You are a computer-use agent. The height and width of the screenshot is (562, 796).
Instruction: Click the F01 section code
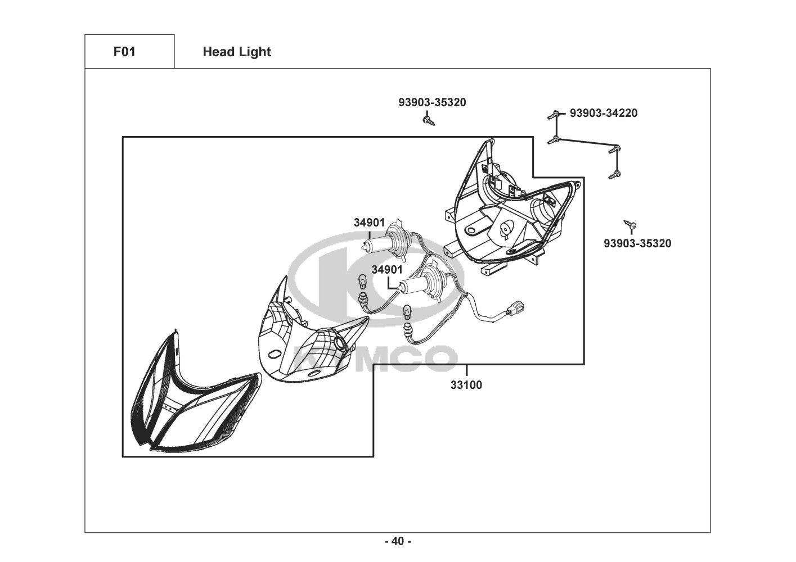coord(124,52)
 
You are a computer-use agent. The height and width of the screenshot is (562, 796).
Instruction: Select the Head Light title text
coord(237,52)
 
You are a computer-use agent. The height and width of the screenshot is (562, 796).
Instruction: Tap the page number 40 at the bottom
coord(397,541)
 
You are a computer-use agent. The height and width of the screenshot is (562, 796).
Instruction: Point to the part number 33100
coord(466,386)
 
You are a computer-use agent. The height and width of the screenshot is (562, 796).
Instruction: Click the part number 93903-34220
coord(604,113)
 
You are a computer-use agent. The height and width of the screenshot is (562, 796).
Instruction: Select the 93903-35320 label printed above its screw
coord(432,102)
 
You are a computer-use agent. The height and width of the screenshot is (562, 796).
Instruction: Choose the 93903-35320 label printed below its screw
coord(637,243)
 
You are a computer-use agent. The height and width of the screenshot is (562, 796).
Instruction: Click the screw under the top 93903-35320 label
coord(429,120)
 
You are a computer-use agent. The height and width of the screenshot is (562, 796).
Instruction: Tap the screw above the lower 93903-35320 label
coord(631,225)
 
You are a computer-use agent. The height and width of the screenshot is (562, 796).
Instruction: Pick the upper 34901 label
coord(369,223)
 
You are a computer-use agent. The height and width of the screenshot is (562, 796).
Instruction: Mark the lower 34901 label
coord(387,270)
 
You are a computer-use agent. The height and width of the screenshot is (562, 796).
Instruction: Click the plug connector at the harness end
coord(515,309)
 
